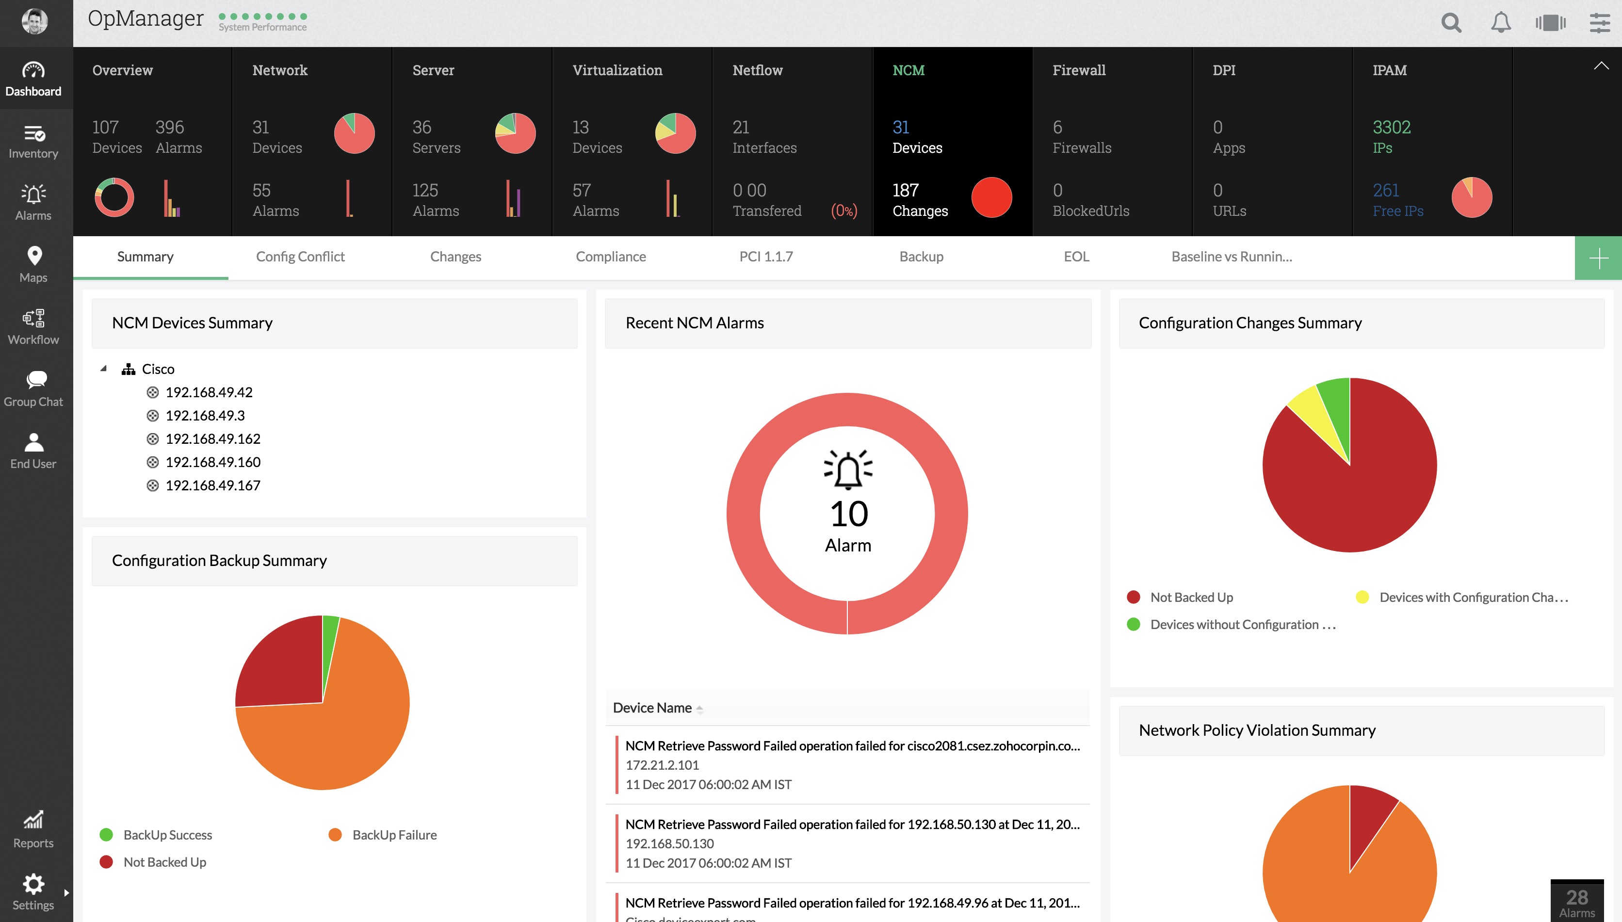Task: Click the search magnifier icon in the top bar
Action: click(x=1451, y=23)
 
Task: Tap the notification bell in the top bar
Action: click(x=1500, y=23)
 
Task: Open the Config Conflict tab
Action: click(x=300, y=257)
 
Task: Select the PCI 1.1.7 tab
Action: click(x=765, y=257)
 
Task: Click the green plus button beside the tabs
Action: click(x=1598, y=258)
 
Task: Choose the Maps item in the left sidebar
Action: click(x=34, y=264)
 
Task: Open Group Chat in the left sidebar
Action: click(x=34, y=388)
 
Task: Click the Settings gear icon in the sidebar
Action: click(x=33, y=885)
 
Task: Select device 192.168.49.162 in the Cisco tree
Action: click(x=213, y=439)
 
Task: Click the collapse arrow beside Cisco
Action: click(x=104, y=369)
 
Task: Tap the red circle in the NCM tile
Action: click(x=991, y=197)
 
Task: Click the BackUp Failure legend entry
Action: click(x=394, y=835)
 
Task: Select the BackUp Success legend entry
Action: click(x=167, y=835)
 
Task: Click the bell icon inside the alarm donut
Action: click(x=848, y=469)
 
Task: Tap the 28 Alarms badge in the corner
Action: click(x=1576, y=902)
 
